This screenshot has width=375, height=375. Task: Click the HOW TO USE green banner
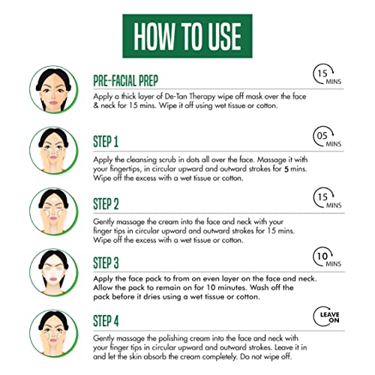tap(187, 36)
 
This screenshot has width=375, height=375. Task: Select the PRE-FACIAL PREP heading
tap(126, 81)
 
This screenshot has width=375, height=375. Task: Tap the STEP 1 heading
tap(106, 142)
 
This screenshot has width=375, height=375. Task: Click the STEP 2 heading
tap(106, 204)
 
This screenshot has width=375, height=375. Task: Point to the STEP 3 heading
tap(106, 262)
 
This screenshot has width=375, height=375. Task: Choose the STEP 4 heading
tap(106, 321)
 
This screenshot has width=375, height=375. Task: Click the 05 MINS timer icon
tap(327, 137)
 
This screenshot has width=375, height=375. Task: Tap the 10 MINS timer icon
tap(327, 257)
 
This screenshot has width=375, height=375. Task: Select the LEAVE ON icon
tap(326, 316)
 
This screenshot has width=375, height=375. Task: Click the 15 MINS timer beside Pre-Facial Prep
tap(327, 74)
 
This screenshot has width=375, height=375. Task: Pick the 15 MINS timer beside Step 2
tap(327, 198)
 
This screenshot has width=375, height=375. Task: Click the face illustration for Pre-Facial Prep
tap(53, 89)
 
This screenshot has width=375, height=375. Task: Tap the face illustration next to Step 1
tap(53, 151)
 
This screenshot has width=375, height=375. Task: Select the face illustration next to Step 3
tap(53, 272)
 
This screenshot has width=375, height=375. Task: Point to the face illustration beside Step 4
tap(53, 333)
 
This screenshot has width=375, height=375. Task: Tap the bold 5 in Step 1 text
tap(286, 169)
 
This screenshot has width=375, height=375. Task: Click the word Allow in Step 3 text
tap(103, 287)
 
